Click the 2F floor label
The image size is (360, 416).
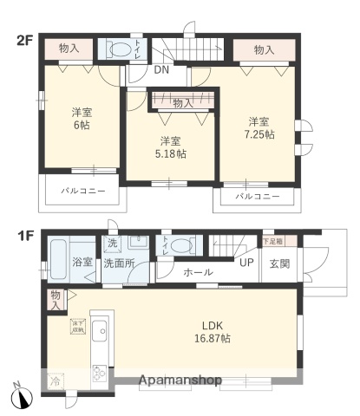point(23,40)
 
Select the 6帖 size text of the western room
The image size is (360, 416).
point(81,125)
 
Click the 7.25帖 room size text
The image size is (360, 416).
point(258,134)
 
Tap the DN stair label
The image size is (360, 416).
point(161,72)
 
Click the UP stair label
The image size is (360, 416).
point(246,263)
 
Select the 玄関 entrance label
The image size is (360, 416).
point(280,263)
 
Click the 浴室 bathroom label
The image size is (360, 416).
point(82,260)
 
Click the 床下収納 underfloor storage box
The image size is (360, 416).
point(78,327)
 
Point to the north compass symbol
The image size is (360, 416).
point(22,397)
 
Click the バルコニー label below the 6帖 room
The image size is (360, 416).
point(83,189)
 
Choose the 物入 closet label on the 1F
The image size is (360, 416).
point(56,299)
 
